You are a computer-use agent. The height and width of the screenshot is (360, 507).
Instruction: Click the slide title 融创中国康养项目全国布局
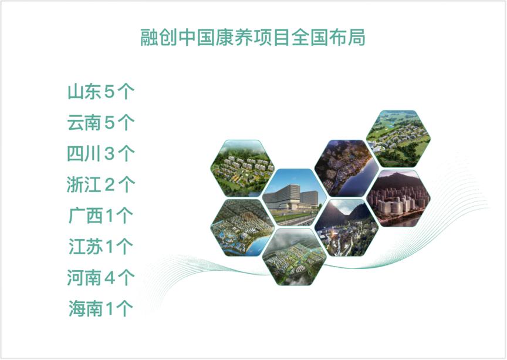pos(253,37)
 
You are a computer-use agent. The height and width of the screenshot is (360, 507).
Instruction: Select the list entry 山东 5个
pos(100,92)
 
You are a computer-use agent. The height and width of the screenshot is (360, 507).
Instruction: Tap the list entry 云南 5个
pos(100,123)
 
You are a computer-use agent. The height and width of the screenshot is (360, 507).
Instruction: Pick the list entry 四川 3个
pos(100,153)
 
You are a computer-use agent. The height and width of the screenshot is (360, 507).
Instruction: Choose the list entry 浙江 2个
pos(100,184)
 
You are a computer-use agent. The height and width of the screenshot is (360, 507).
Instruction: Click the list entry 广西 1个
pos(100,216)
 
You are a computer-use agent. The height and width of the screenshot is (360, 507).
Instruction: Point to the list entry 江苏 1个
pos(100,247)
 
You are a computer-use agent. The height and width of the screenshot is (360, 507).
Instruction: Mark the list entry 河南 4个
pos(100,277)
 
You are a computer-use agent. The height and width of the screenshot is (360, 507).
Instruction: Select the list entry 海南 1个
pos(100,308)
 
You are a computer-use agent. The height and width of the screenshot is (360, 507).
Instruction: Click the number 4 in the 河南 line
pos(110,278)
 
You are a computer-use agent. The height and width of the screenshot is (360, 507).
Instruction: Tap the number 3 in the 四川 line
pos(109,154)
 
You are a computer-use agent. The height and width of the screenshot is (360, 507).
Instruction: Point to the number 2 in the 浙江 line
pos(110,185)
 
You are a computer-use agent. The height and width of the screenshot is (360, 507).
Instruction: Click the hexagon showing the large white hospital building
pos(294,197)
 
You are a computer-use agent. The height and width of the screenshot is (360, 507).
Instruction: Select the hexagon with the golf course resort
pos(398,139)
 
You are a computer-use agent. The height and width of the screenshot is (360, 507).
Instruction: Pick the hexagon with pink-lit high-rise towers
pos(398,198)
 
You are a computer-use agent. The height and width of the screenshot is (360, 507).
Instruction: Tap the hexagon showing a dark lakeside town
pos(347,169)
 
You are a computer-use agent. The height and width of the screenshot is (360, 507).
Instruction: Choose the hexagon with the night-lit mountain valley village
pos(347,228)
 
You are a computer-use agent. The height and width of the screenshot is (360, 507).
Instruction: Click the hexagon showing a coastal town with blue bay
pos(242,228)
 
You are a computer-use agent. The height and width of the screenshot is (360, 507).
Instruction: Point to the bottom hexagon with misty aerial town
pos(294,257)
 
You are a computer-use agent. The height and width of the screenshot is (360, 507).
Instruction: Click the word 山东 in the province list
pos(84,92)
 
